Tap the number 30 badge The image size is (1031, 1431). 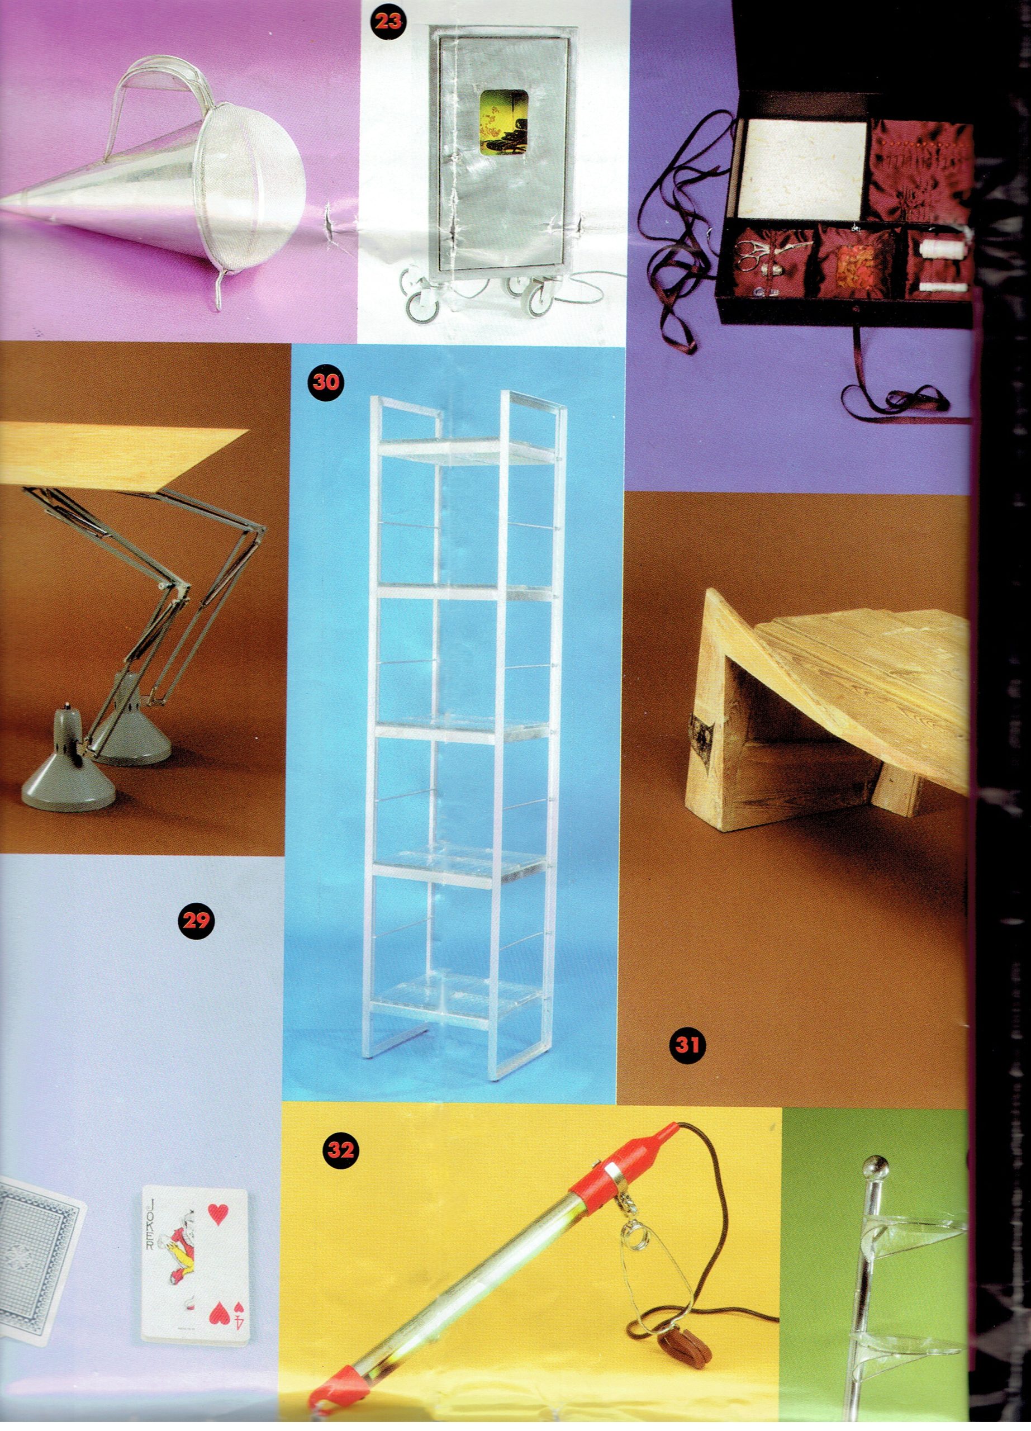(x=325, y=382)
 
